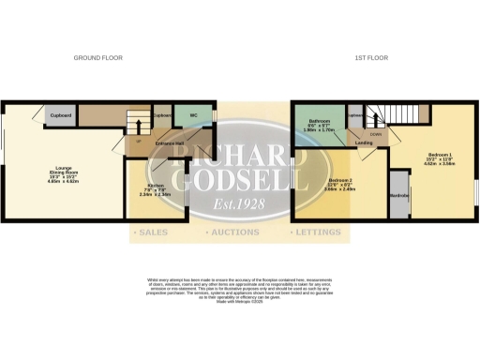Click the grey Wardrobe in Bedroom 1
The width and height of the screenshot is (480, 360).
coord(398,195)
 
